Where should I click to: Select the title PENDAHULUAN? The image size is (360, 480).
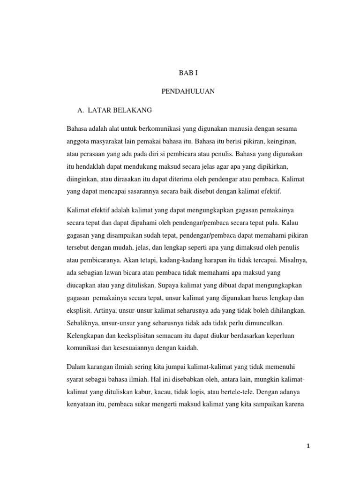click(188, 92)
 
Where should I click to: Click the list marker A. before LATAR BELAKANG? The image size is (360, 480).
click(80, 110)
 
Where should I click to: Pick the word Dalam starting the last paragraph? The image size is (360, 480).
click(76, 365)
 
